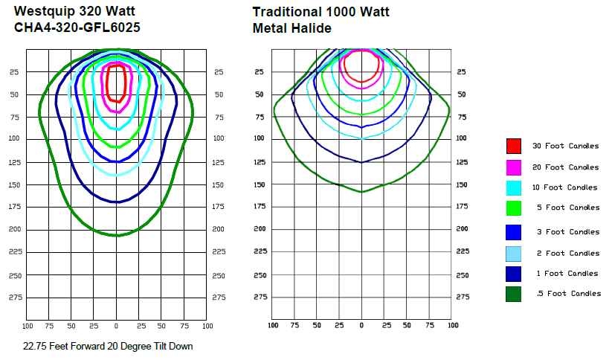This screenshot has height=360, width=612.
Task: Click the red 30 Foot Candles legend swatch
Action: [513, 146]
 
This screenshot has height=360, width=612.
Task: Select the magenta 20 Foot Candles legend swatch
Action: [513, 167]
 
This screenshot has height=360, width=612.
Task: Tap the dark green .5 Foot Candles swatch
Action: [513, 294]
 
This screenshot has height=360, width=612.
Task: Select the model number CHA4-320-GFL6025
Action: [77, 28]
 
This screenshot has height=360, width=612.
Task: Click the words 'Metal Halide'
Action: [291, 28]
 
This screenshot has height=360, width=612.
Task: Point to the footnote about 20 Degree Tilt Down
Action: [108, 346]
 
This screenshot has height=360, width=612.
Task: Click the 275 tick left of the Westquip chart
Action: [15, 298]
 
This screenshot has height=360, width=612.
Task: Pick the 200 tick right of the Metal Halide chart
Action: [462, 229]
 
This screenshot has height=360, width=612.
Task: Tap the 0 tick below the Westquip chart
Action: [116, 326]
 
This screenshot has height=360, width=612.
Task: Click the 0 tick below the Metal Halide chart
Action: [361, 326]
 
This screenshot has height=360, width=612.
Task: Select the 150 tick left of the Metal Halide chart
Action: [260, 184]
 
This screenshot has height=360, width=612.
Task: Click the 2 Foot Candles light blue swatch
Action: [513, 253]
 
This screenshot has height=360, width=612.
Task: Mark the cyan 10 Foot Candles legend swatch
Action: [513, 187]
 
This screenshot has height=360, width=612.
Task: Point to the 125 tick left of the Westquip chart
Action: [15, 162]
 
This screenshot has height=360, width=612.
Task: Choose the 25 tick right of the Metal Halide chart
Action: [462, 72]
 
